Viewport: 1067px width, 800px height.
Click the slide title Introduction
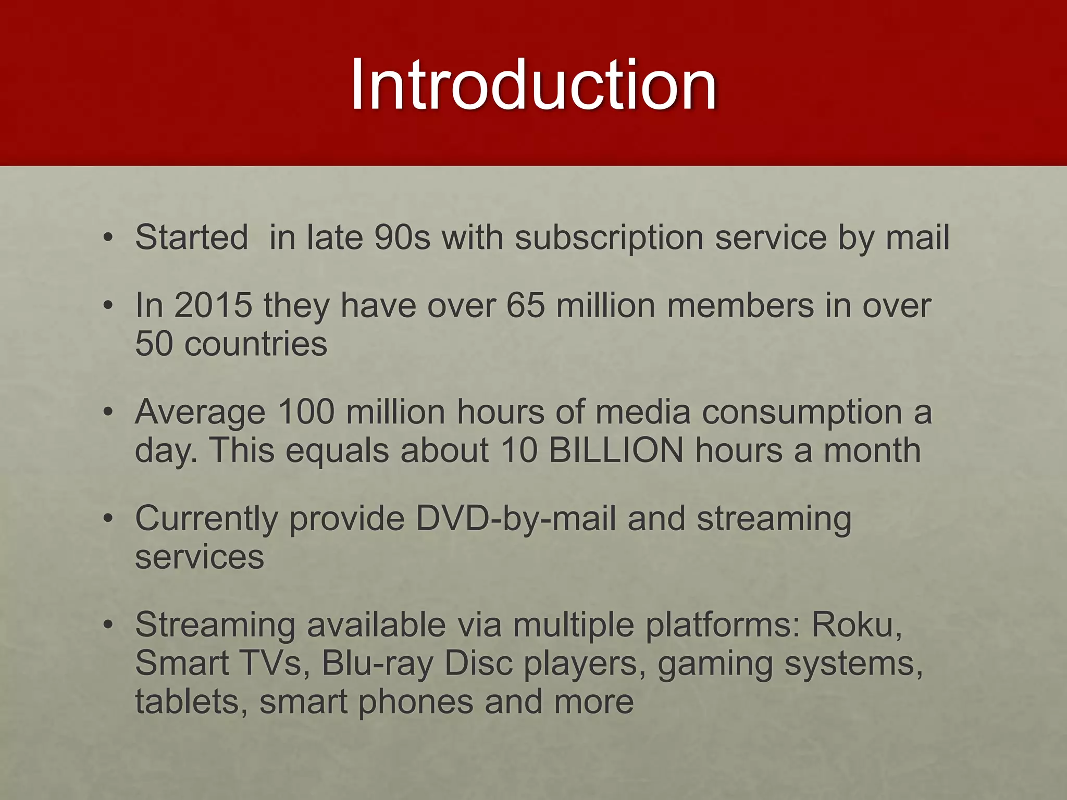(x=533, y=84)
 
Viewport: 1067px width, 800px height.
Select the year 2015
(x=213, y=305)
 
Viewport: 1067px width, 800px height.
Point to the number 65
(x=526, y=305)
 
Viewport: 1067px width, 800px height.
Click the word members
(x=740, y=305)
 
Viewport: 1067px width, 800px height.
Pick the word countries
(x=256, y=344)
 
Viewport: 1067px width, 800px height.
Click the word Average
(x=200, y=413)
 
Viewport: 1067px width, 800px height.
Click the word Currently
(x=206, y=520)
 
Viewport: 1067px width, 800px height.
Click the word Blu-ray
(x=378, y=664)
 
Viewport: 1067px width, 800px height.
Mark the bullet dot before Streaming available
(x=108, y=626)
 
